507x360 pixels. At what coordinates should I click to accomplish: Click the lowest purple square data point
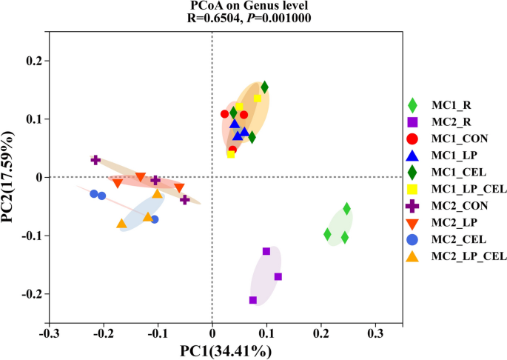point(253,300)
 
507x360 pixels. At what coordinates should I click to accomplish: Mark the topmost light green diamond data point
point(346,208)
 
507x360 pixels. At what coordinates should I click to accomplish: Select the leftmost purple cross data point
point(95,159)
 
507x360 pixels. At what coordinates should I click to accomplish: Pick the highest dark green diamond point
point(264,87)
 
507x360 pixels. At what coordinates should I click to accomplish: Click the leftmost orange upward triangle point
point(121,224)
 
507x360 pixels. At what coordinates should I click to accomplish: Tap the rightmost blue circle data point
point(154,219)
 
